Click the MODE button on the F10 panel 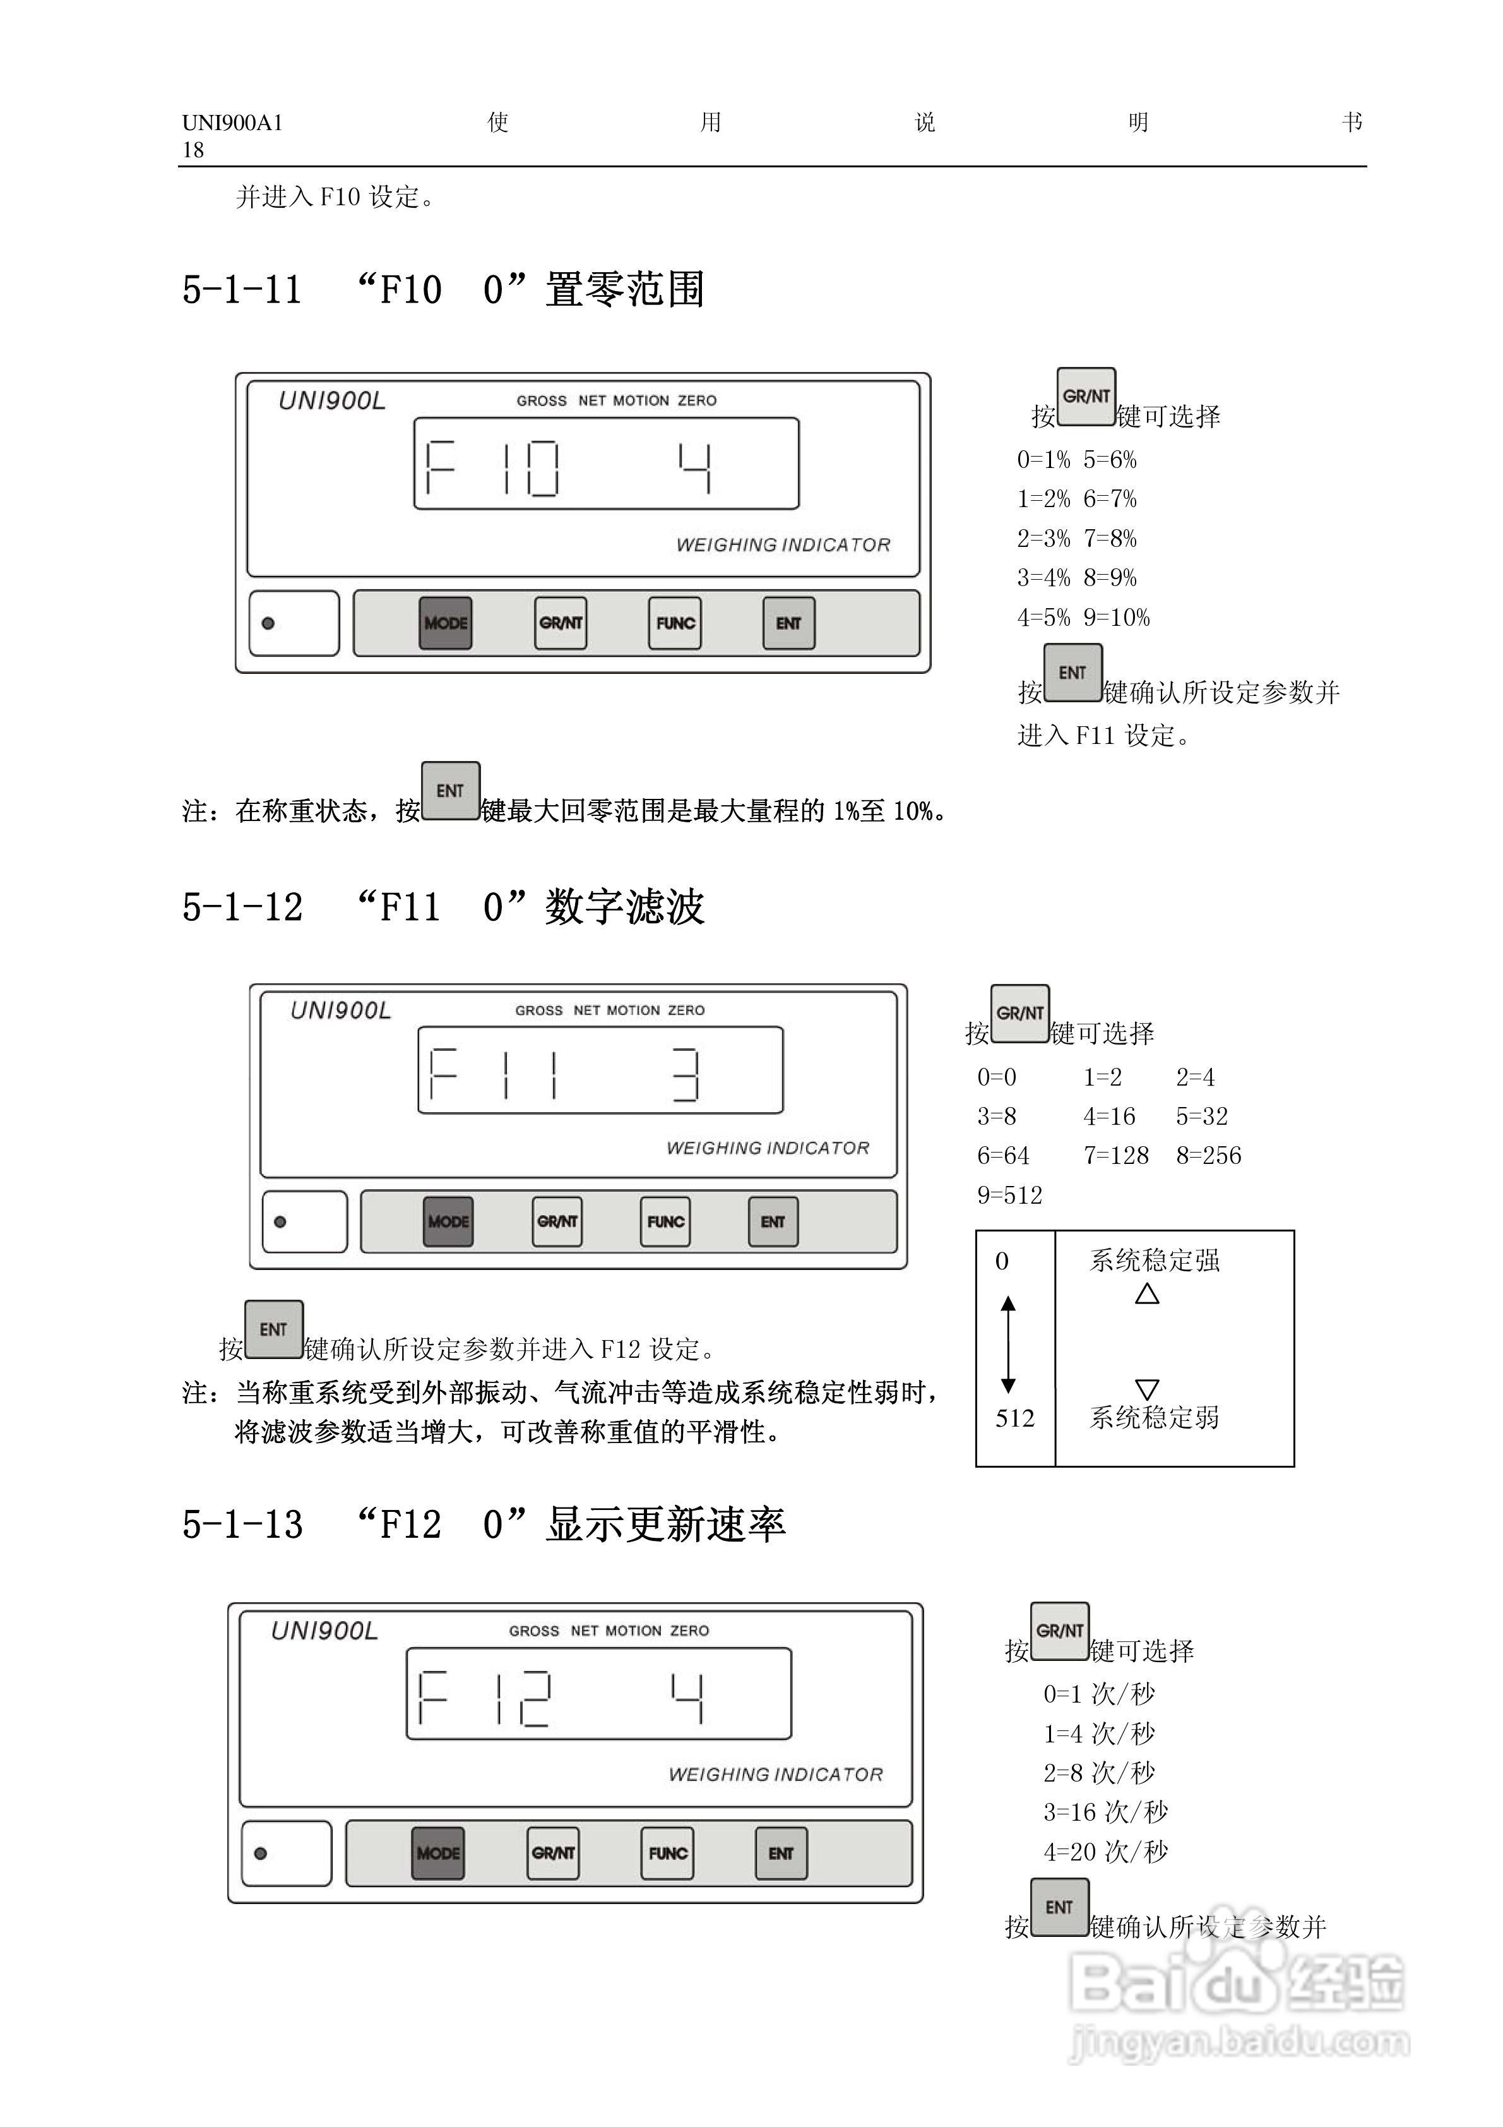tap(446, 623)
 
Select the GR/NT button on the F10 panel tap(561, 623)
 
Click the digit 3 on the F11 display tap(686, 1075)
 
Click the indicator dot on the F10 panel tap(268, 623)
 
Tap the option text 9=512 tap(1009, 1195)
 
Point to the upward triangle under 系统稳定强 tap(1148, 1293)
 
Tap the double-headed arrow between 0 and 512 tap(1009, 1344)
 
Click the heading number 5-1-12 tap(242, 907)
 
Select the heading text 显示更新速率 tap(666, 1524)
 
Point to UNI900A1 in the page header tap(232, 123)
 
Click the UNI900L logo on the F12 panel tap(324, 1631)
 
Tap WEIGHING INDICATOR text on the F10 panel tap(783, 545)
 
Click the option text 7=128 tap(1116, 1155)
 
